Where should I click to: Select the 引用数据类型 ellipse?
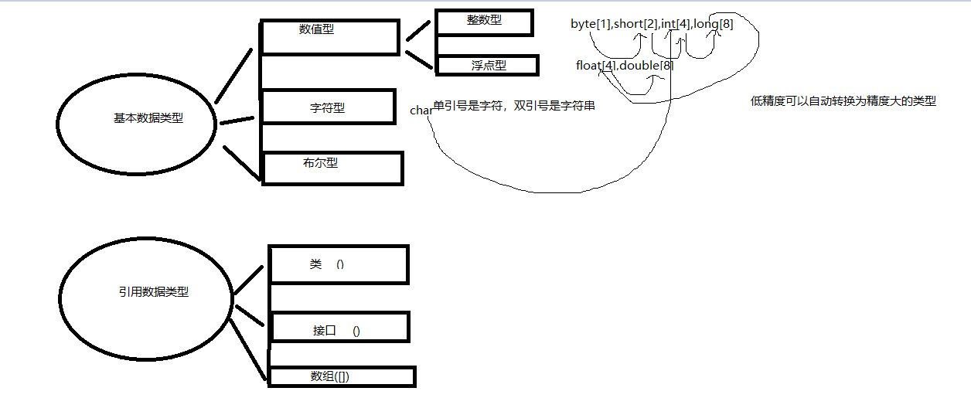(x=145, y=291)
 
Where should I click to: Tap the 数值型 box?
(x=329, y=36)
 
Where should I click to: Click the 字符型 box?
(x=329, y=107)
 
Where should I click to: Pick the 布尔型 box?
(x=332, y=168)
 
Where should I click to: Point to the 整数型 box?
(x=484, y=22)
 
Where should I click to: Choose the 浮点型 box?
(x=488, y=65)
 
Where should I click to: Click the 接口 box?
(x=339, y=328)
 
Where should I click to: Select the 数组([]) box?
(x=341, y=376)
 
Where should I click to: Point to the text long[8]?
(x=713, y=24)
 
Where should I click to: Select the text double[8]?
(x=646, y=66)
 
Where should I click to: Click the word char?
(x=421, y=111)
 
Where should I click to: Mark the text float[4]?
(x=596, y=66)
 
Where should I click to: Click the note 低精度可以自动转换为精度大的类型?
(x=843, y=100)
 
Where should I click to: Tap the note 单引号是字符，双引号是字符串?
(x=514, y=106)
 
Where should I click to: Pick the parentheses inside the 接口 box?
(x=356, y=331)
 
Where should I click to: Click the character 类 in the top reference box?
(x=315, y=264)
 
